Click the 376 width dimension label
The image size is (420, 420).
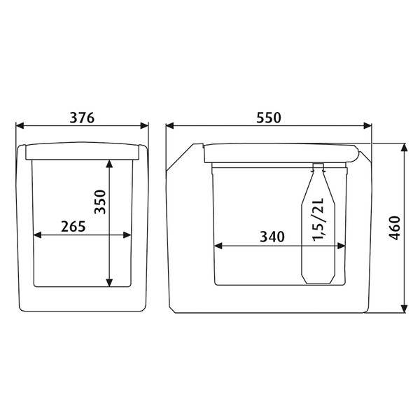[82, 118]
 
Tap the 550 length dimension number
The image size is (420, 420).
[269, 118]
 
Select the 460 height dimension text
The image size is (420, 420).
[395, 228]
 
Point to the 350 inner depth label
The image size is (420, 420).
[100, 202]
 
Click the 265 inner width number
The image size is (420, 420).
[73, 227]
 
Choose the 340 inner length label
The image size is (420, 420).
[272, 237]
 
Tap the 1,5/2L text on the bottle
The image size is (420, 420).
[318, 220]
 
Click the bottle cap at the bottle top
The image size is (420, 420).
[318, 164]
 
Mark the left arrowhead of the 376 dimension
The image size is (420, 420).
[20, 125]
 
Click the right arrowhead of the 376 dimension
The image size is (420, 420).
[144, 125]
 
